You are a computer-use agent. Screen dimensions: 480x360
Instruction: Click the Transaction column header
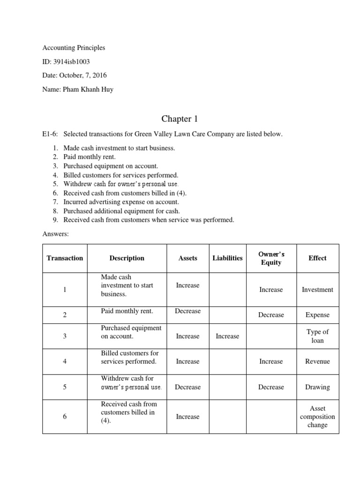coord(65,258)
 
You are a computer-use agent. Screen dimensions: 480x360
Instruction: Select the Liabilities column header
coord(227,258)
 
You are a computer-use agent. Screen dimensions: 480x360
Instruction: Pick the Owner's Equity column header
coord(271,258)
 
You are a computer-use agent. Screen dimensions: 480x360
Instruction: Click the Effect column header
coord(317,258)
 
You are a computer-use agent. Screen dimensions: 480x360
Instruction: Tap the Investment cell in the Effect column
coord(317,290)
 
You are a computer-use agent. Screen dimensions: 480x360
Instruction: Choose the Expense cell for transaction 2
coord(317,315)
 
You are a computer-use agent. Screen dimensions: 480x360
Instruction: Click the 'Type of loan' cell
coord(317,336)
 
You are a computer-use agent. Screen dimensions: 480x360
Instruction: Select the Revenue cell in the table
coord(317,361)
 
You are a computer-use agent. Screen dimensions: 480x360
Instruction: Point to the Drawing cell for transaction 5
coord(317,387)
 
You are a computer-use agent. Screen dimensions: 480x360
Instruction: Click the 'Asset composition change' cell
coord(317,417)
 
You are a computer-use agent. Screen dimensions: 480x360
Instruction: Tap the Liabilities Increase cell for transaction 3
coord(227,336)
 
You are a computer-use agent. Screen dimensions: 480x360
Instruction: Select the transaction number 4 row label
coord(65,361)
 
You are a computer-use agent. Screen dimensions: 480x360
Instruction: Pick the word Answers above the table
coord(56,234)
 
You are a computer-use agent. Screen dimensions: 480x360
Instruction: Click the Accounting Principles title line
coord(74,48)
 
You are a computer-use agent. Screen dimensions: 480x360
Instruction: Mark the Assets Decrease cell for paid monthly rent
coord(187,311)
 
